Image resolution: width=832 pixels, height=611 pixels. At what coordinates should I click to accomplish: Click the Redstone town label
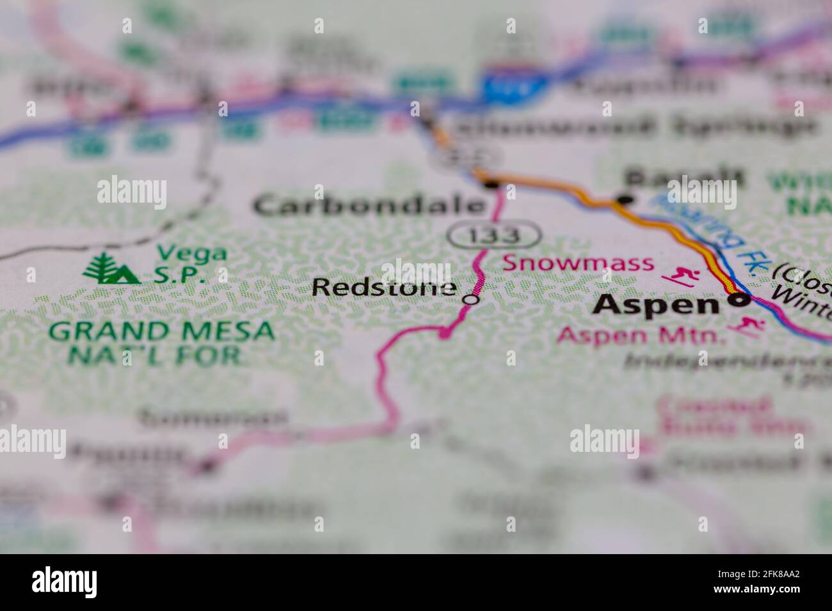(x=384, y=288)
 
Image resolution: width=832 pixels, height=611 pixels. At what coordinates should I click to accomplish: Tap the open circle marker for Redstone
(x=472, y=298)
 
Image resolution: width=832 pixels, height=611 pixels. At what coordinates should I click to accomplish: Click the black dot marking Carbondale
(x=492, y=185)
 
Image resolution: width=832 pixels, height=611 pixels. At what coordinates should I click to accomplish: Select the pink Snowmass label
(x=579, y=263)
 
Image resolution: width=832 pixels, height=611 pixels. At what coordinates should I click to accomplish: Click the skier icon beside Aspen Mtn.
(x=747, y=327)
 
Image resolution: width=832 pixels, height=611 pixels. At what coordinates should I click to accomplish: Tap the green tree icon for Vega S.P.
(x=110, y=269)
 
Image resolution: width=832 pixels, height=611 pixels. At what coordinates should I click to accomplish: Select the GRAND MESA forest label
(x=162, y=331)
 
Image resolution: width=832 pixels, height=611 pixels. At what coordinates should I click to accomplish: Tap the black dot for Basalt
(x=624, y=200)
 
